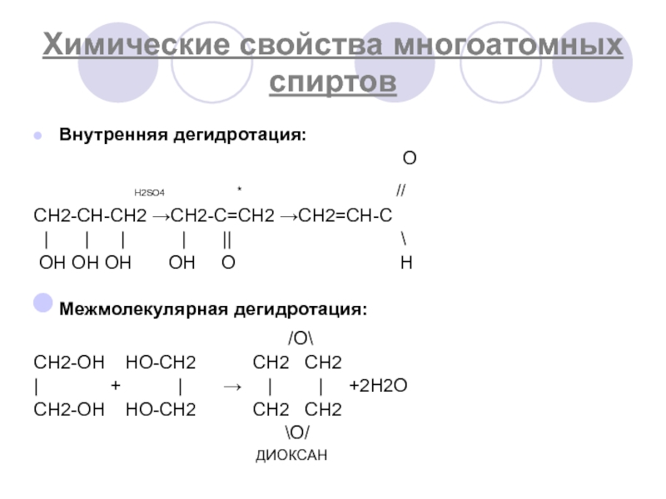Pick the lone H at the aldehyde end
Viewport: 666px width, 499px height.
pyautogui.click(x=405, y=264)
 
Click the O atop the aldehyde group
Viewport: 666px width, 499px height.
pyautogui.click(x=409, y=159)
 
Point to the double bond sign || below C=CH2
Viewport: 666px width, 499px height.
pyautogui.click(x=227, y=240)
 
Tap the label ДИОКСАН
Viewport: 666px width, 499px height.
pyautogui.click(x=291, y=455)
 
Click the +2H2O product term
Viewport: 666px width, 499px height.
pyautogui.click(x=378, y=387)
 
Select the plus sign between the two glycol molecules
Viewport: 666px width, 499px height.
pyautogui.click(x=116, y=387)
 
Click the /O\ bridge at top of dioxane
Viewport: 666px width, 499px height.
pyautogui.click(x=297, y=339)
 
